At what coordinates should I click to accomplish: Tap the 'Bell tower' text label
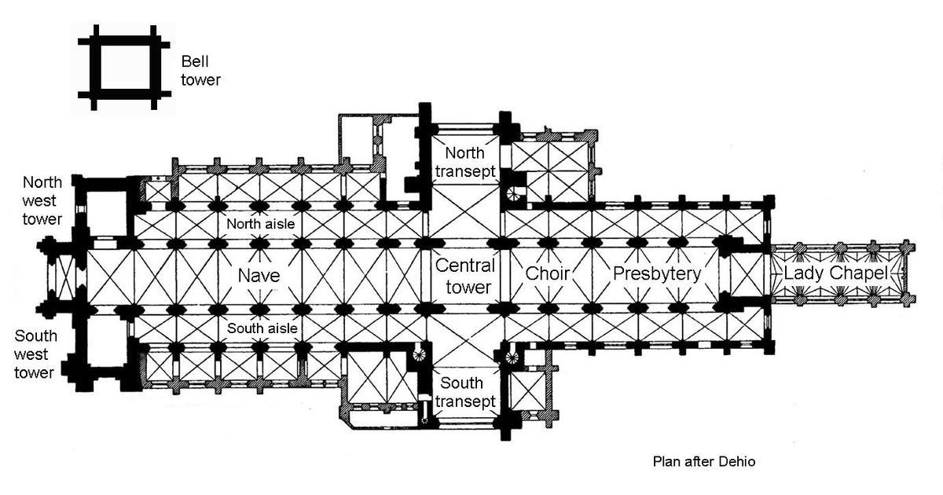(x=200, y=70)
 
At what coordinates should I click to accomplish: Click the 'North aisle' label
(x=260, y=225)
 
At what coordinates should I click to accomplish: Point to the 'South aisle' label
(x=262, y=328)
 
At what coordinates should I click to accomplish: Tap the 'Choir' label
(x=547, y=274)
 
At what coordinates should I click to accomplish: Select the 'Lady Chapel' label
(x=835, y=273)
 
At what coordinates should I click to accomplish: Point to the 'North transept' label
(x=468, y=160)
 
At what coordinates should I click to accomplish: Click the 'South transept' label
(x=468, y=392)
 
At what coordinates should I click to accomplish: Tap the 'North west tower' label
(x=41, y=200)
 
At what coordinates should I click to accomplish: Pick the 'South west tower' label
(x=35, y=354)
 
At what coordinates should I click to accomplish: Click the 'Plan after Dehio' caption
(x=703, y=462)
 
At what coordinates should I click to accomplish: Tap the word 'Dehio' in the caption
(x=738, y=462)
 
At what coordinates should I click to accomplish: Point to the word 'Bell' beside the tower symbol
(x=194, y=61)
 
